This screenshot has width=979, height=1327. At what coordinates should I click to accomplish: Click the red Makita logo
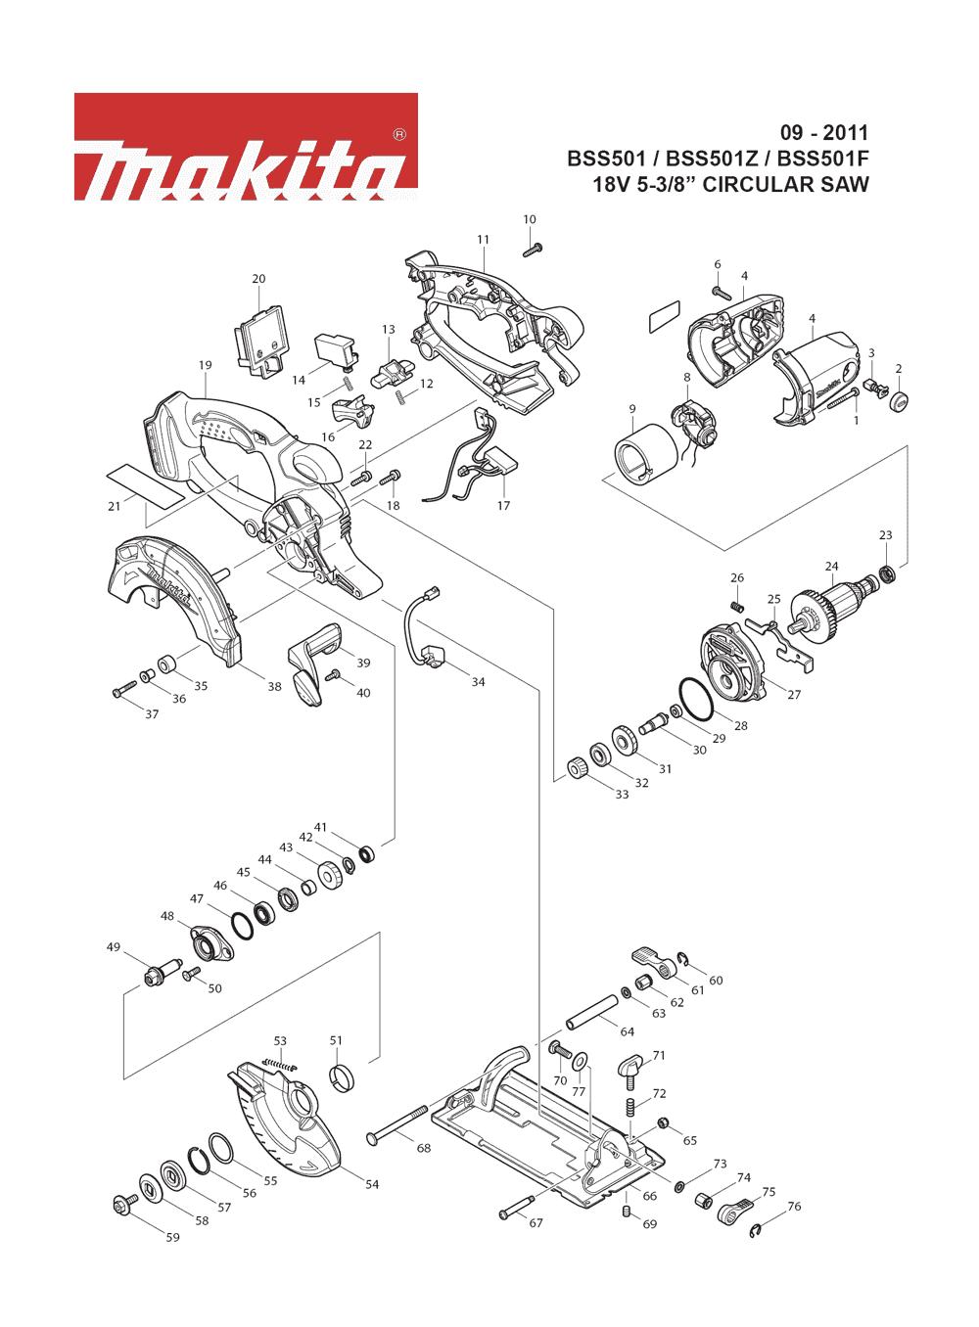246,147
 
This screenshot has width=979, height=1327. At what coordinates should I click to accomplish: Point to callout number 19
205,365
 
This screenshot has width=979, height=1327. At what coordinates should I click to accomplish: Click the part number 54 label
372,1184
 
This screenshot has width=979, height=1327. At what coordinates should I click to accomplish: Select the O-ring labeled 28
696,701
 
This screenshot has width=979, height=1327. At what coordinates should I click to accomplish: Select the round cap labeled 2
900,400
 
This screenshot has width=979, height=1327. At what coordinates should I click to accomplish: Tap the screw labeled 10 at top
533,250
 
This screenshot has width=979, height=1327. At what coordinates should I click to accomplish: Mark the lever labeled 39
314,663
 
